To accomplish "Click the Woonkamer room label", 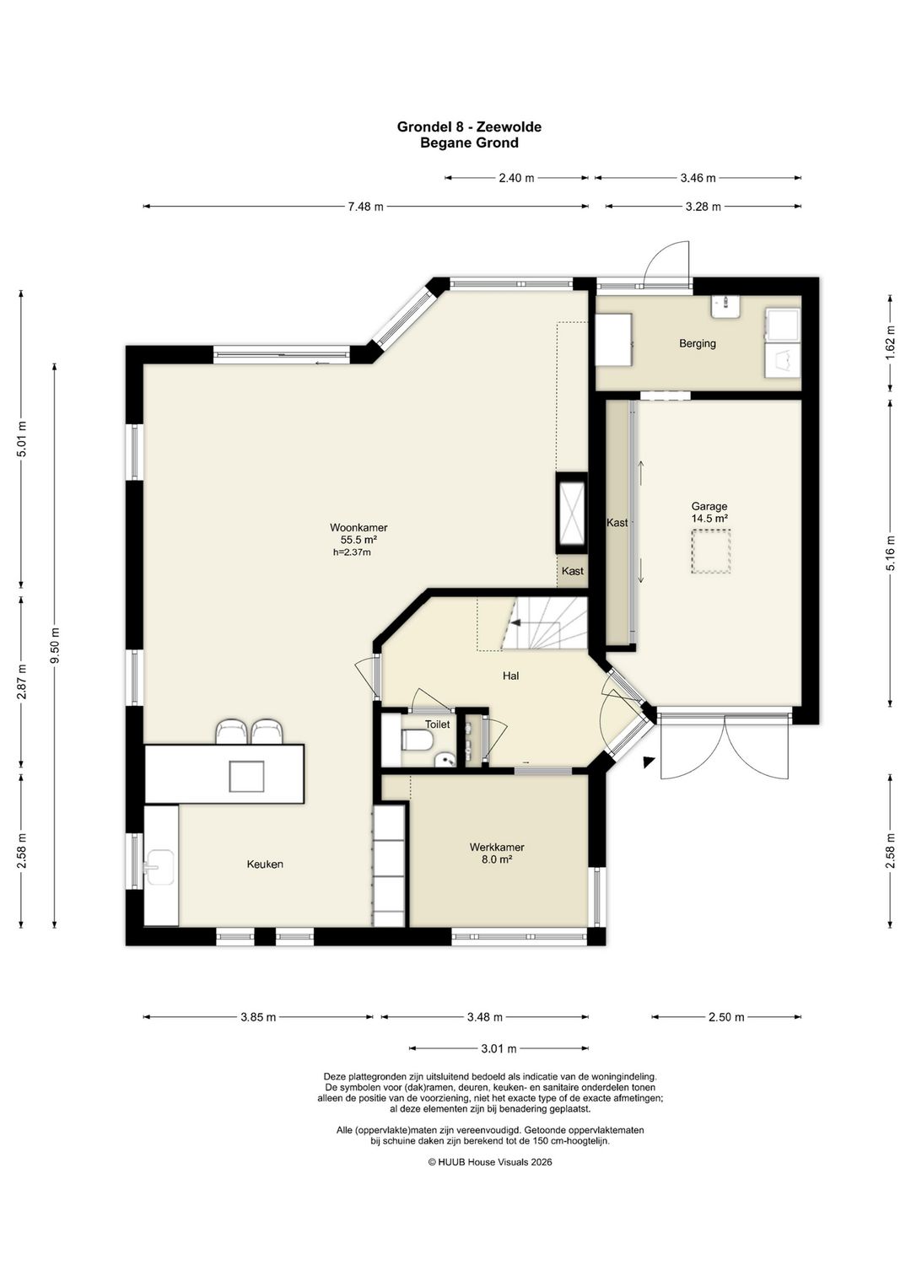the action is tap(358, 527).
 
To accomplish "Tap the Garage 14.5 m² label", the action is tap(709, 512).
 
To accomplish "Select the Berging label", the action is tap(698, 343).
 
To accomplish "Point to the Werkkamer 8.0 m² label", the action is tap(497, 853).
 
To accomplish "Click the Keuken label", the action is tap(265, 864).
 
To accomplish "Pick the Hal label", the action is tap(510, 676).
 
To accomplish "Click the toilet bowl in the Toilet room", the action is tap(416, 740).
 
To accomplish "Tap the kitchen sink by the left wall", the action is tap(159, 868).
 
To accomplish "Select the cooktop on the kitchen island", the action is tap(246, 776).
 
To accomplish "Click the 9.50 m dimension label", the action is tap(55, 645).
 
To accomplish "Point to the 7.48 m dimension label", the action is tap(365, 207).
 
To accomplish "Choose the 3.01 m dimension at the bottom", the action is tap(499, 1048).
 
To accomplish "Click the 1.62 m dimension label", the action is tap(890, 342).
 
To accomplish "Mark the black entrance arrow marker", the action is tap(649, 762).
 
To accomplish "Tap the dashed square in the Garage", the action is tap(711, 552).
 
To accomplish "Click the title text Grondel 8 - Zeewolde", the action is tap(469, 127).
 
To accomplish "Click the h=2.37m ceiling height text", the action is tap(352, 552).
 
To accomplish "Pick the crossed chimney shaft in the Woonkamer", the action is tap(572, 513).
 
